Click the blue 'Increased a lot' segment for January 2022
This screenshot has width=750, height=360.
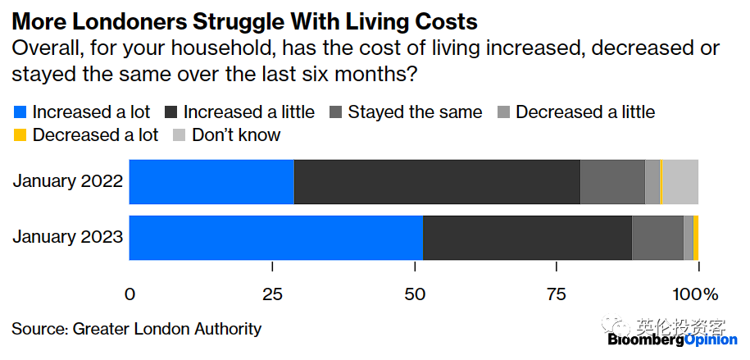pyautogui.click(x=211, y=181)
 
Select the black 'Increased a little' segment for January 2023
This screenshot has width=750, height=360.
pyautogui.click(x=527, y=238)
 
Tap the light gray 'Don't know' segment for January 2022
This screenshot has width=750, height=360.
pyautogui.click(x=680, y=181)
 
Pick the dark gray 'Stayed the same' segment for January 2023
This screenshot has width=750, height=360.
pyautogui.click(x=657, y=238)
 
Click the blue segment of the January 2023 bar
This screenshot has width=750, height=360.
pyautogui.click(x=275, y=238)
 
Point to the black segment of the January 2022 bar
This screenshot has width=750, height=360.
pyautogui.click(x=437, y=181)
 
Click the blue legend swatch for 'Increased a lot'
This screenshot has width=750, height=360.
pyautogui.click(x=20, y=112)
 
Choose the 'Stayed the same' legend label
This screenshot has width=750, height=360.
pyautogui.click(x=415, y=112)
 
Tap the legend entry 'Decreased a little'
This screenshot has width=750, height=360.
pyautogui.click(x=585, y=112)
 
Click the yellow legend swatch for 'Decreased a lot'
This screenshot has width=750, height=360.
pyautogui.click(x=20, y=135)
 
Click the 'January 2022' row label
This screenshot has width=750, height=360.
pyautogui.click(x=67, y=181)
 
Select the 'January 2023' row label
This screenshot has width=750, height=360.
pyautogui.click(x=67, y=238)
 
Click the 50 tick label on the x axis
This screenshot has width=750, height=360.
pyautogui.click(x=414, y=294)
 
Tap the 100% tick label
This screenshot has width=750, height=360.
pyautogui.click(x=695, y=294)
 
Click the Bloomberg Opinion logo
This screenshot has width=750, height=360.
pyautogui.click(x=672, y=339)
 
